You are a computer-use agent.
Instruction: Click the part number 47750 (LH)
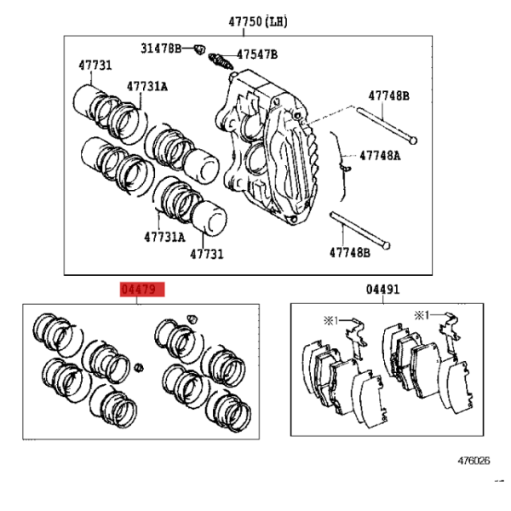click(258, 22)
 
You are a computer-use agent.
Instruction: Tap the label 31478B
click(161, 49)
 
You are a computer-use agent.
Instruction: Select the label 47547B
click(257, 55)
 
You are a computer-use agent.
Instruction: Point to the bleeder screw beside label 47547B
click(221, 61)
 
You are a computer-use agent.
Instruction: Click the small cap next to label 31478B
click(199, 50)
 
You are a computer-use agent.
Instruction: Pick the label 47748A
click(380, 156)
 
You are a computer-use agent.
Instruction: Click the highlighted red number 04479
click(142, 290)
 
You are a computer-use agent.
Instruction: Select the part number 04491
click(382, 290)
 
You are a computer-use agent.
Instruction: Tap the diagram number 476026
click(474, 461)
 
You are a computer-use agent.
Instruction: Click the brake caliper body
click(267, 146)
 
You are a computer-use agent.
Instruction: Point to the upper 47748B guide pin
click(387, 125)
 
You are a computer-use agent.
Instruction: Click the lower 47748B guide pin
click(359, 231)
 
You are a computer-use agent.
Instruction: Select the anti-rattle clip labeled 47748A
click(341, 166)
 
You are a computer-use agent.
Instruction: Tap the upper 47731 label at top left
click(95, 66)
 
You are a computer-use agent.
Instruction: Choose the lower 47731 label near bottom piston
click(207, 254)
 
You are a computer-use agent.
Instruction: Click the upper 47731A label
click(147, 87)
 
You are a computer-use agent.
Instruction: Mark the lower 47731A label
click(164, 237)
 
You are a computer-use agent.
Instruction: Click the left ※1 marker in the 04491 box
click(330, 321)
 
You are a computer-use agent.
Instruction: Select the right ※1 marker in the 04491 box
click(422, 315)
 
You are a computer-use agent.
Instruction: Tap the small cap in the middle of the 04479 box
click(139, 367)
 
